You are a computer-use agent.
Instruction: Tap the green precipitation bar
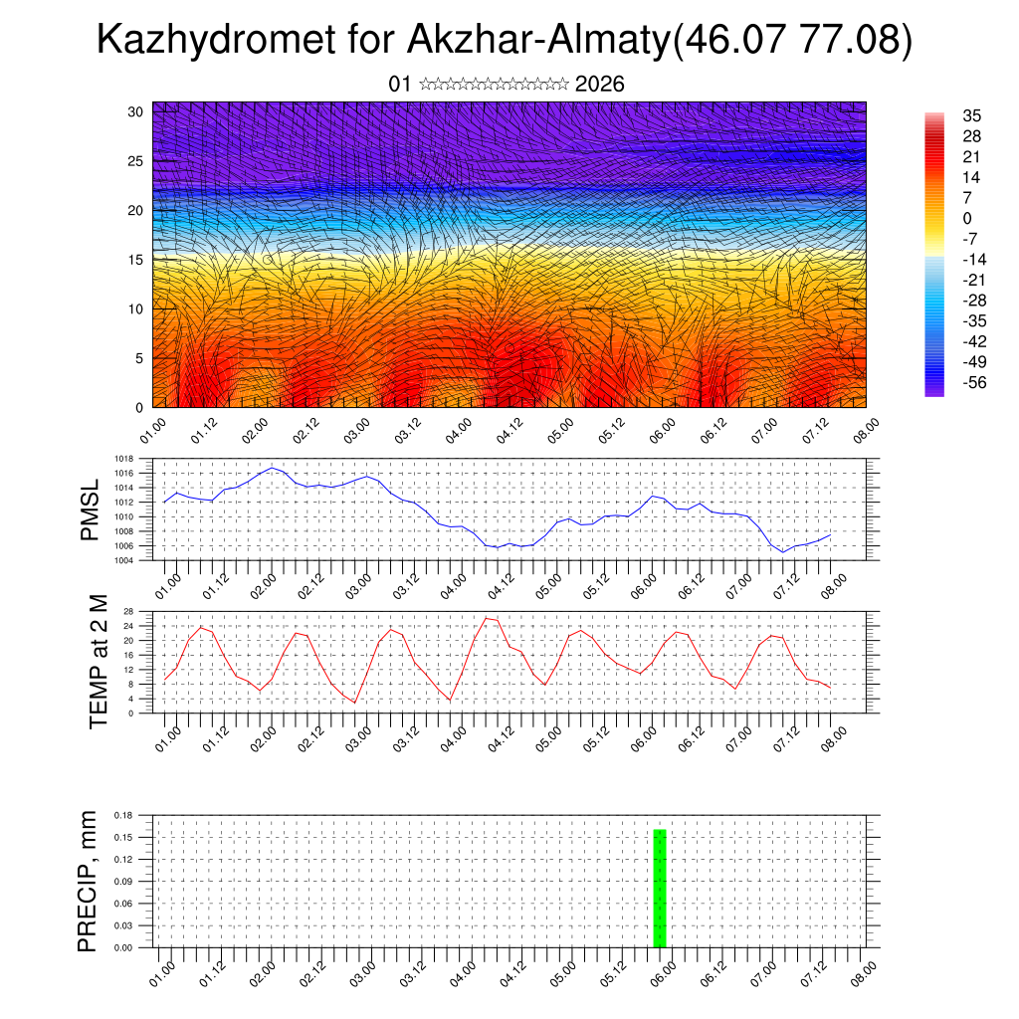pos(659,888)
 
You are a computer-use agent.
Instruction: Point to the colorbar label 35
pos(972,115)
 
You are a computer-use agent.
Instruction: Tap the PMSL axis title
pos(91,509)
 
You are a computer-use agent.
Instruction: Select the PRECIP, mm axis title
pos(89,880)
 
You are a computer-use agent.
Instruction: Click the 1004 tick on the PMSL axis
pos(123,560)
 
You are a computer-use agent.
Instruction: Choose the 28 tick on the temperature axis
pos(128,611)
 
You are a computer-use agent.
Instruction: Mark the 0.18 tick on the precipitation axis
pos(123,815)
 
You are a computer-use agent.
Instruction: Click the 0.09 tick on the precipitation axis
pos(123,882)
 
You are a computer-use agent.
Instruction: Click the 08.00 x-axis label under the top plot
pos(865,433)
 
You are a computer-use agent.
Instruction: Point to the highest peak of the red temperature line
pos(487,618)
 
